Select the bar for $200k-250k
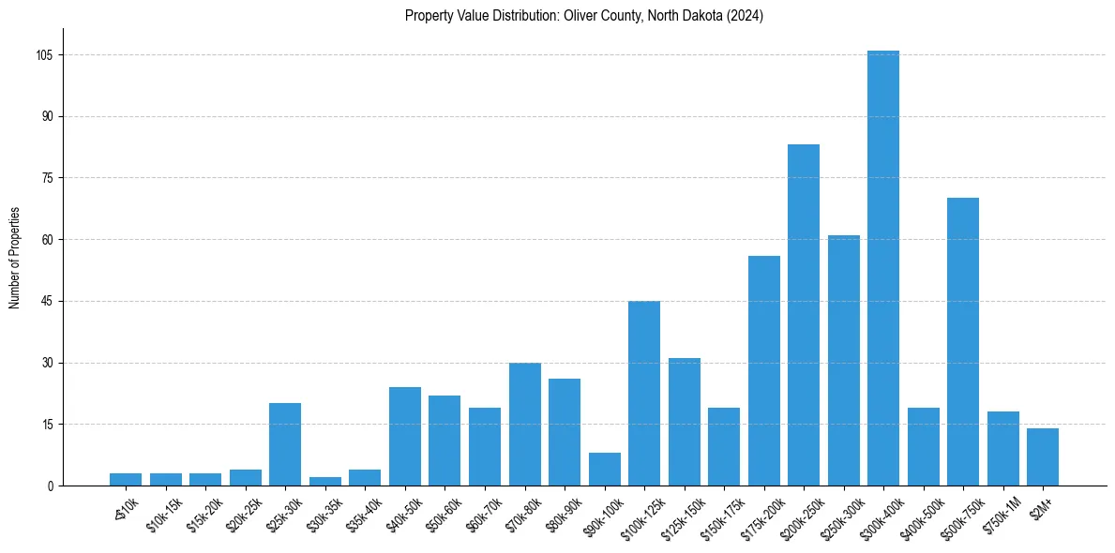click(x=804, y=315)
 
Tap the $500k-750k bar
click(x=963, y=341)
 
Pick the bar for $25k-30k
click(x=285, y=444)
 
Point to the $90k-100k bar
click(x=605, y=469)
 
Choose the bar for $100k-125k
click(x=644, y=393)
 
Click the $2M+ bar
click(x=1043, y=456)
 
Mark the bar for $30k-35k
click(x=325, y=481)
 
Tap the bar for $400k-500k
click(x=924, y=446)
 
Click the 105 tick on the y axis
click(x=45, y=55)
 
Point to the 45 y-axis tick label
click(x=48, y=302)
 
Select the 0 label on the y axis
click(x=51, y=486)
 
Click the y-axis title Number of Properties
click(x=15, y=257)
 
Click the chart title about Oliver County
click(x=584, y=16)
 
